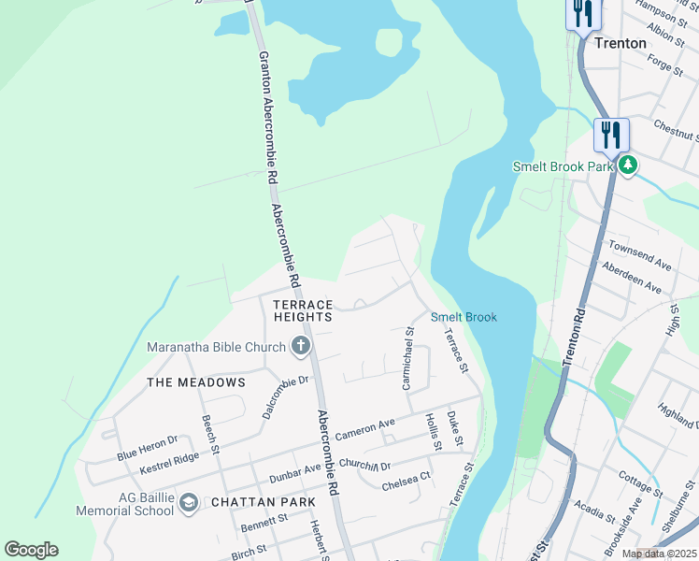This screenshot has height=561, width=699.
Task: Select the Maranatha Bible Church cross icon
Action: (301, 348)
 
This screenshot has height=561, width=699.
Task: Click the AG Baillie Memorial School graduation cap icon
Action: (189, 503)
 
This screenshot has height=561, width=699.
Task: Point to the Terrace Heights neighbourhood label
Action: (303, 311)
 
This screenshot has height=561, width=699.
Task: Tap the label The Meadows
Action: (196, 382)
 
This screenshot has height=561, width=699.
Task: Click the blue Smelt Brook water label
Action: (464, 317)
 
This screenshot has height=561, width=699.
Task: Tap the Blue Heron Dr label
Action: (147, 448)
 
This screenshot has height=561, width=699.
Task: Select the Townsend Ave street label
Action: (640, 253)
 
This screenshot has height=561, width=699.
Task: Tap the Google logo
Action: (31, 550)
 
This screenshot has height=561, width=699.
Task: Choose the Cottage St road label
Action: (640, 483)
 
